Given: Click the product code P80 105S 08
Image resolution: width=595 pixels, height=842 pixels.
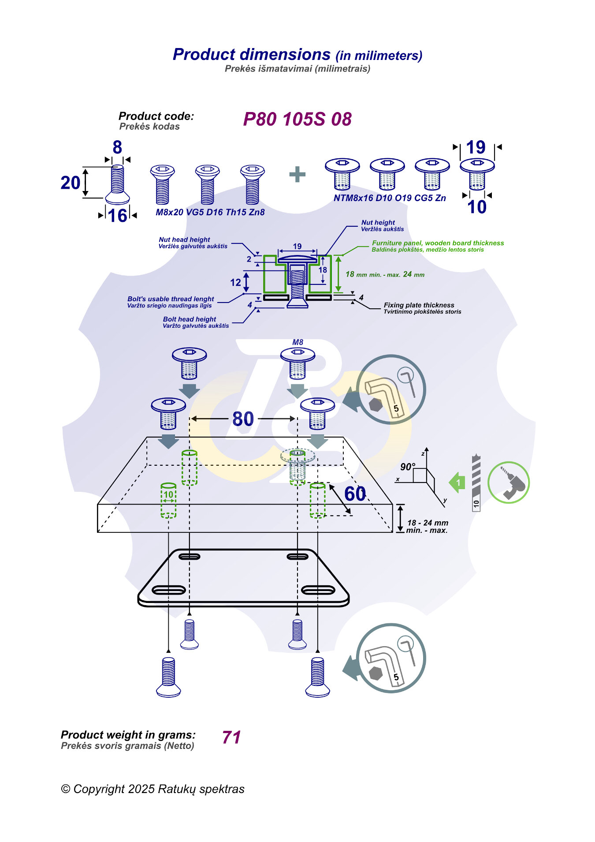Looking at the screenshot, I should click(x=297, y=120).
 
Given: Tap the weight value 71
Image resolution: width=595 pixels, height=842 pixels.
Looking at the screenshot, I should click(x=231, y=737).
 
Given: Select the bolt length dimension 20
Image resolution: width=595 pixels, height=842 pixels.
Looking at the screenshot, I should click(x=71, y=183).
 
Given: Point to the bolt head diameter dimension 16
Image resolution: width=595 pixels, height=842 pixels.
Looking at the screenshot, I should click(x=118, y=216).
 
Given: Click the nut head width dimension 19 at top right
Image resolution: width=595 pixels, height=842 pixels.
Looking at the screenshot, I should click(x=476, y=147).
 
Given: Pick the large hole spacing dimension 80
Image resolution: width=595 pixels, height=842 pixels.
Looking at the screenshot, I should click(x=243, y=419).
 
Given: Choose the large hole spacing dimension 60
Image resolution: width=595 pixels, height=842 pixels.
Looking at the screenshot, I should click(x=355, y=494).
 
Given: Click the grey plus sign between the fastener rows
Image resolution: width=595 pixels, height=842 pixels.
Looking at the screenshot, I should click(x=297, y=174).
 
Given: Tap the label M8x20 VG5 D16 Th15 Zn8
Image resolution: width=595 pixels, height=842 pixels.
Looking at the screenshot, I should click(x=210, y=212).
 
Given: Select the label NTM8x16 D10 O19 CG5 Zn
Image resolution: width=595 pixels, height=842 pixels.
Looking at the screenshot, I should click(x=390, y=198).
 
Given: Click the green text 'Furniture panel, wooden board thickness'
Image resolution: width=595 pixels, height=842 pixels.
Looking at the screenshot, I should click(x=438, y=243).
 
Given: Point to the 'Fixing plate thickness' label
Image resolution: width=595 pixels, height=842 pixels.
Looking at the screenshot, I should click(x=419, y=305).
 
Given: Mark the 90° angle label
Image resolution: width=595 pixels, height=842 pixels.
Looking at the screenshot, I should click(x=408, y=467).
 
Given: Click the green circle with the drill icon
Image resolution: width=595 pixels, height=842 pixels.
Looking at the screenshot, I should click(x=509, y=483).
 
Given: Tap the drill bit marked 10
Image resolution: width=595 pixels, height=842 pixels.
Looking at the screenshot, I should click(x=476, y=483).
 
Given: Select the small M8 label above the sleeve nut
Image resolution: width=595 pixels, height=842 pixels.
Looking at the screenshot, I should click(x=298, y=342).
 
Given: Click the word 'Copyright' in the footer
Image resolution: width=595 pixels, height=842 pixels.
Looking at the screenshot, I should click(x=99, y=789).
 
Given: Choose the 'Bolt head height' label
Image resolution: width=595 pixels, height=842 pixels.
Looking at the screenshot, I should click(x=190, y=319).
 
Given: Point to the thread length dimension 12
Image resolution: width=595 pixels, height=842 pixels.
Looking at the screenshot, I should click(x=236, y=282).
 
